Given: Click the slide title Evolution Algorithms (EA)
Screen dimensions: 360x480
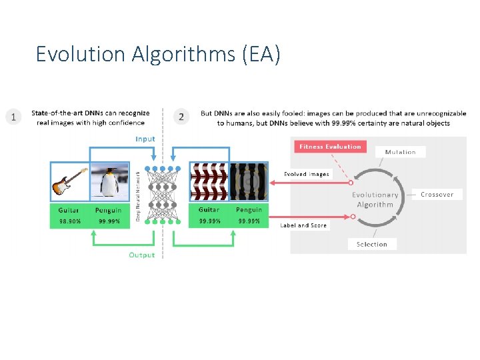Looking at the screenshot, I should pyautogui.click(x=158, y=53).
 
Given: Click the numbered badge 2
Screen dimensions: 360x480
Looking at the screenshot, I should pyautogui.click(x=181, y=117).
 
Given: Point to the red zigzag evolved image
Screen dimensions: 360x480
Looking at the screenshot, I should pyautogui.click(x=209, y=181).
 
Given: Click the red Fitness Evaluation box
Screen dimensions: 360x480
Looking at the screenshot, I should pyautogui.click(x=329, y=147).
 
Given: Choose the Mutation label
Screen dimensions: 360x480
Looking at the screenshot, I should pyautogui.click(x=400, y=152).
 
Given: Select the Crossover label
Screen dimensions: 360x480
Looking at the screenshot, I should pyautogui.click(x=437, y=195).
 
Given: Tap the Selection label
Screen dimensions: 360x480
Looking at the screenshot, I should pyautogui.click(x=371, y=244).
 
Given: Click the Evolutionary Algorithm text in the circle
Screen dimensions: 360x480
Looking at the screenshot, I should pyautogui.click(x=375, y=199).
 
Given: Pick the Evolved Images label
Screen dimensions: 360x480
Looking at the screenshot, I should pyautogui.click(x=306, y=174).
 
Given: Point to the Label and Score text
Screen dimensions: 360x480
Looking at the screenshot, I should pyautogui.click(x=303, y=225).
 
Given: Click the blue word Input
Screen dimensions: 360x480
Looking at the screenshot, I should pyautogui.click(x=145, y=139).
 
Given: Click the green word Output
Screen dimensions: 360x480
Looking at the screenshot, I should pyautogui.click(x=141, y=255).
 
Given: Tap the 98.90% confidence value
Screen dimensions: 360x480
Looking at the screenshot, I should pyautogui.click(x=69, y=221).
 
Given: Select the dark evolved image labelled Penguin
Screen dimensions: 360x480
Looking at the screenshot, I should pyautogui.click(x=249, y=181).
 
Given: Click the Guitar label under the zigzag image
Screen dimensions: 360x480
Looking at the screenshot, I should pyautogui.click(x=209, y=209).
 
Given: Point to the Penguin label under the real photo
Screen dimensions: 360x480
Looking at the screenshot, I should pyautogui.click(x=109, y=211).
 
